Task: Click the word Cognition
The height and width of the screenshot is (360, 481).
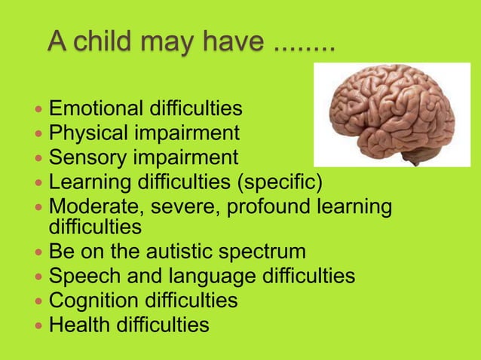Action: pos(93,301)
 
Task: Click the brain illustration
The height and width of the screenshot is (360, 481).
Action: pos(391,113)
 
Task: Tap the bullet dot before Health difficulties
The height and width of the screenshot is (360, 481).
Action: pos(39,325)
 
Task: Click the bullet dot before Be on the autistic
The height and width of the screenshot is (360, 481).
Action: pos(39,252)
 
